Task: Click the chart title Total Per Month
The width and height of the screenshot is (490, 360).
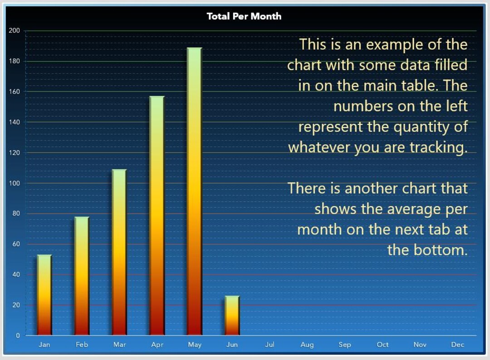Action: click(x=244, y=16)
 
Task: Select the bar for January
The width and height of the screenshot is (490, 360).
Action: click(x=44, y=295)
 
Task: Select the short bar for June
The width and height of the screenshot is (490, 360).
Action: click(x=232, y=316)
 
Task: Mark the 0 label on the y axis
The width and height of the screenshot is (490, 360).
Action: click(x=18, y=336)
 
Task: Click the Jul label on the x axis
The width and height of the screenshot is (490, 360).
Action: click(x=269, y=345)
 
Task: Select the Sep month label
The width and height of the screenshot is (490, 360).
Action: click(x=345, y=345)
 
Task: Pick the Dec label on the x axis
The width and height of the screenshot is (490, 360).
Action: click(x=457, y=345)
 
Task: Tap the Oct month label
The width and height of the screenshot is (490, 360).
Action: click(x=382, y=345)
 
